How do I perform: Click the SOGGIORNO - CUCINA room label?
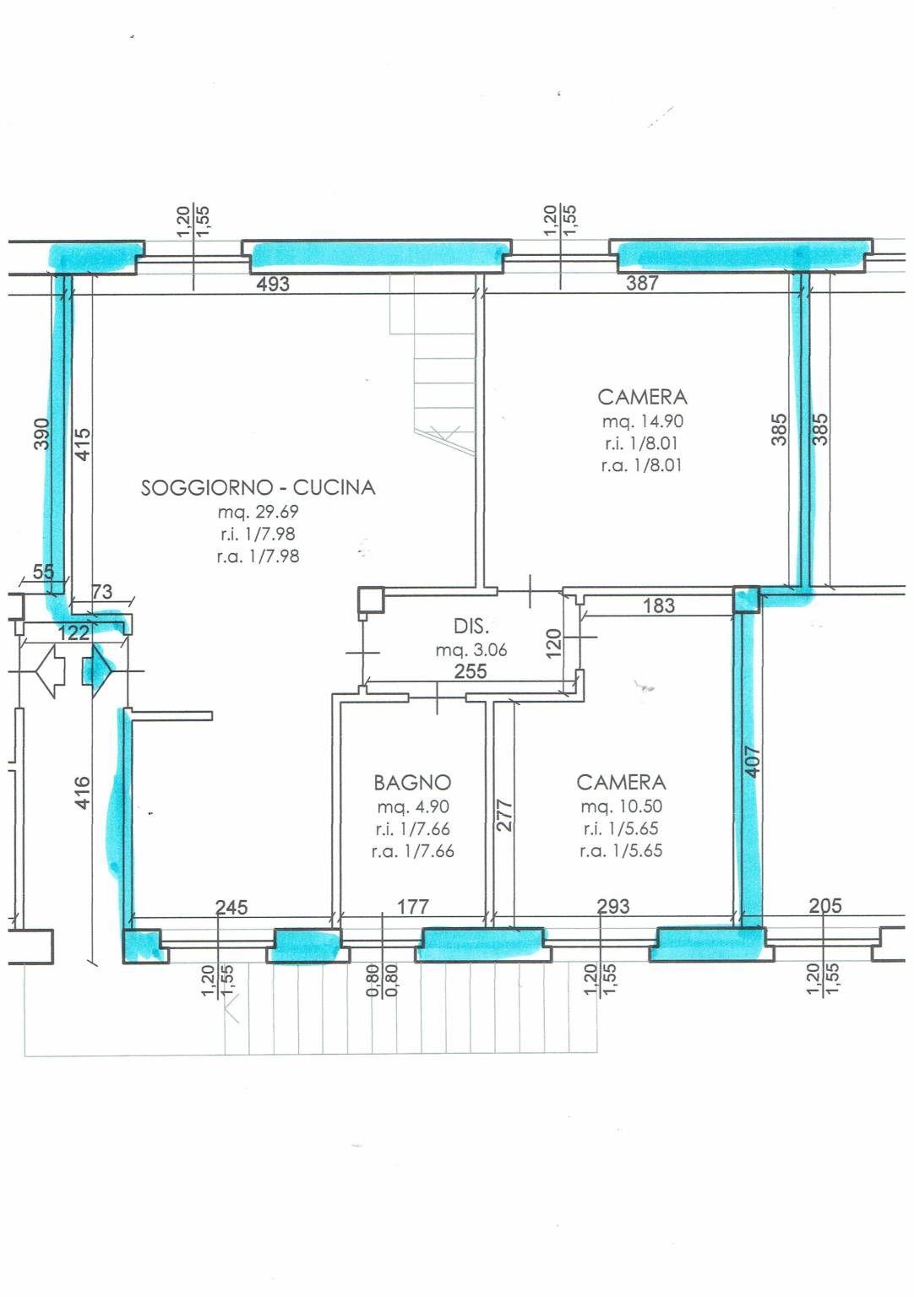pyautogui.click(x=258, y=487)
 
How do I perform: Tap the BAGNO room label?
pyautogui.click(x=412, y=783)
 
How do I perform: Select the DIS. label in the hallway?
pyautogui.click(x=471, y=626)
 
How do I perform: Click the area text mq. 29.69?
pyautogui.click(x=258, y=512)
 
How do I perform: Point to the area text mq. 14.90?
pyautogui.click(x=643, y=421)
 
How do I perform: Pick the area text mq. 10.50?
pyautogui.click(x=622, y=806)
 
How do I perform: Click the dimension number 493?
pyautogui.click(x=273, y=284)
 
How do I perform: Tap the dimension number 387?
pyautogui.click(x=642, y=283)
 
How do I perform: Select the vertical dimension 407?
pyautogui.click(x=752, y=762)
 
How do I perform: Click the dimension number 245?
pyautogui.click(x=231, y=908)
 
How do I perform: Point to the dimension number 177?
pyautogui.click(x=413, y=907)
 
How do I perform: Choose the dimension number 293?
pyautogui.click(x=613, y=906)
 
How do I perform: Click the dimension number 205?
pyautogui.click(x=825, y=905)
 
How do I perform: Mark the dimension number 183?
pyautogui.click(x=659, y=605)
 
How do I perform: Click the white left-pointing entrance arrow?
pyautogui.click(x=51, y=671)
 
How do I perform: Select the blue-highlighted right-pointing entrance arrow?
pyautogui.click(x=97, y=671)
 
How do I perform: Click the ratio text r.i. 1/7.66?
pyautogui.click(x=412, y=829)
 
